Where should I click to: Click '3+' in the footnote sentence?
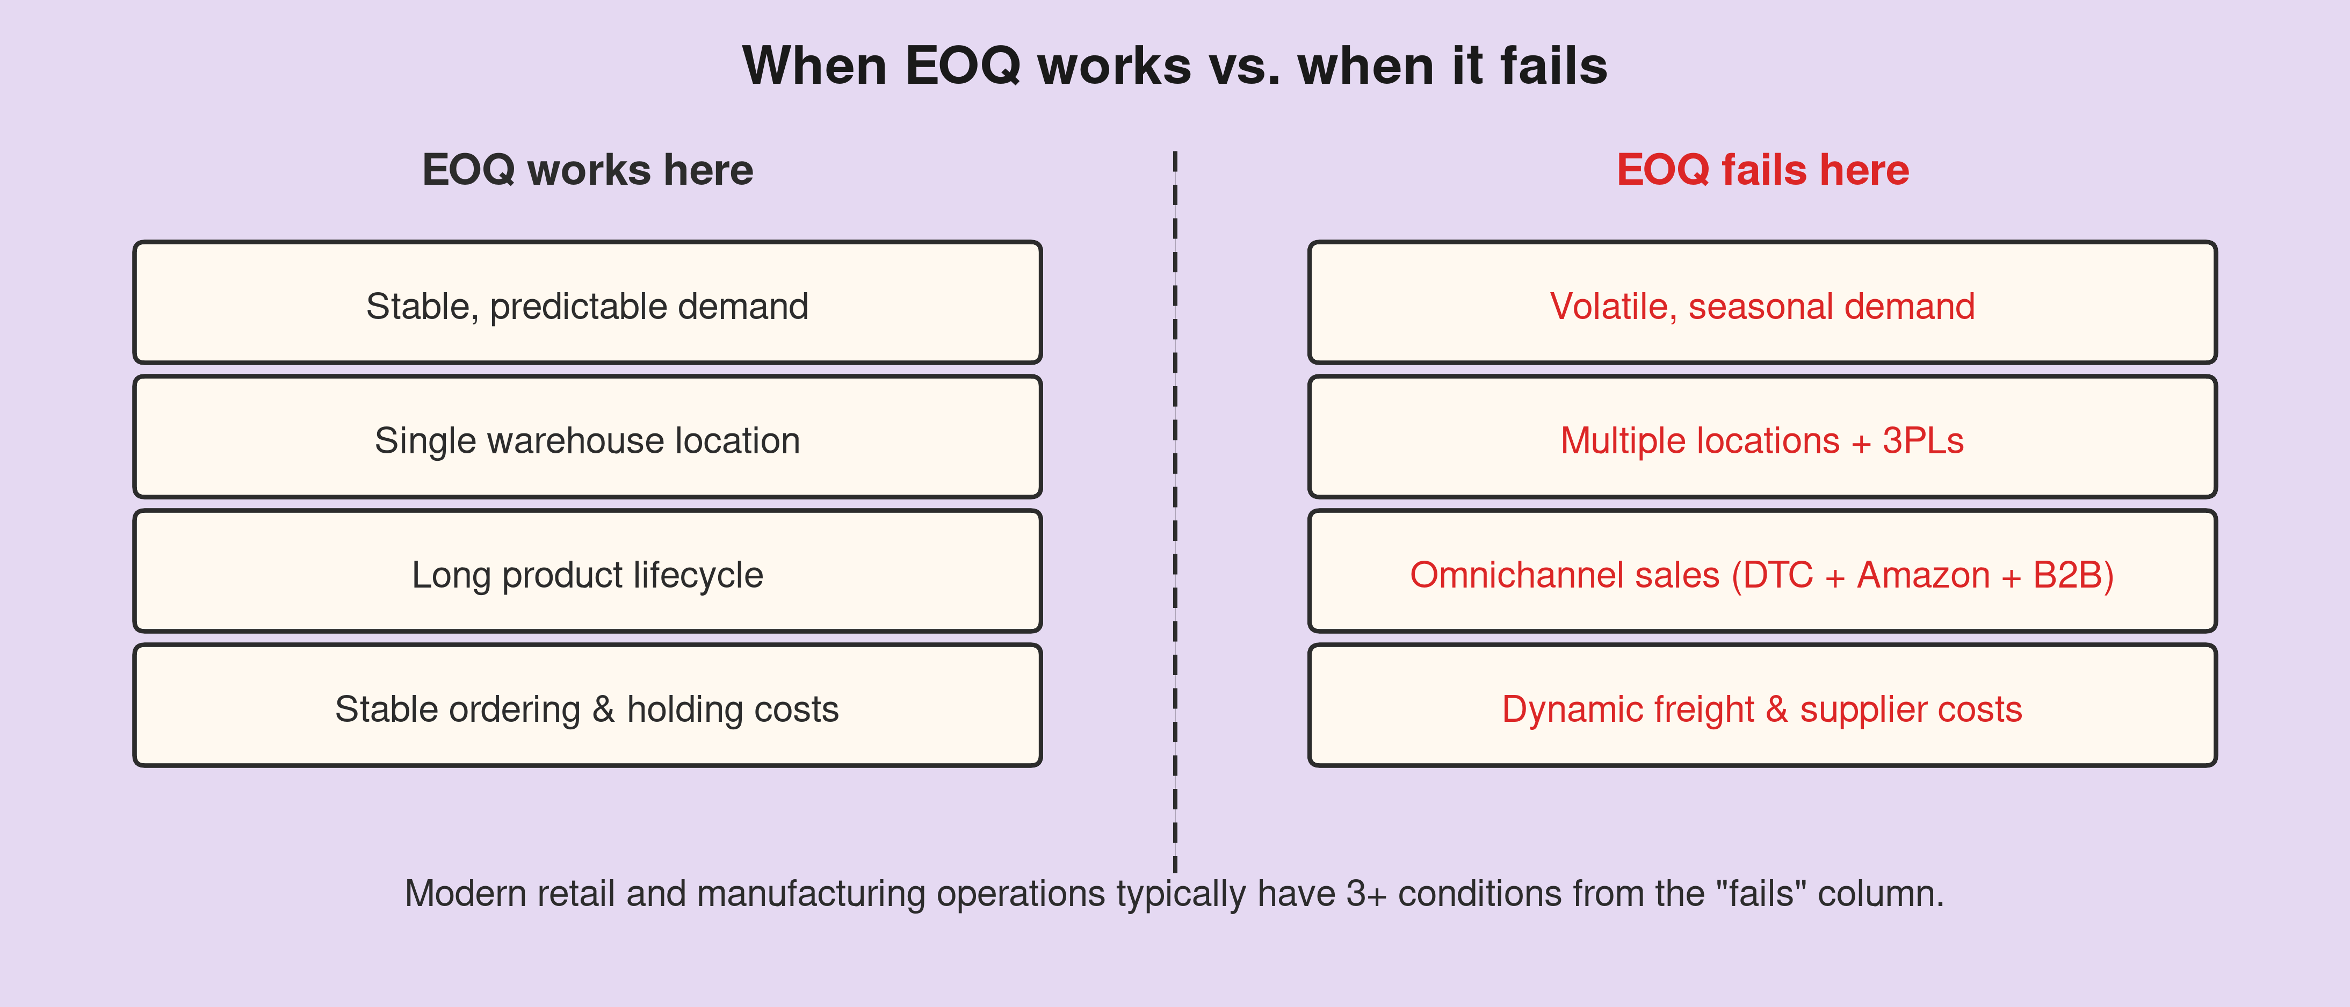(x=1365, y=894)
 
